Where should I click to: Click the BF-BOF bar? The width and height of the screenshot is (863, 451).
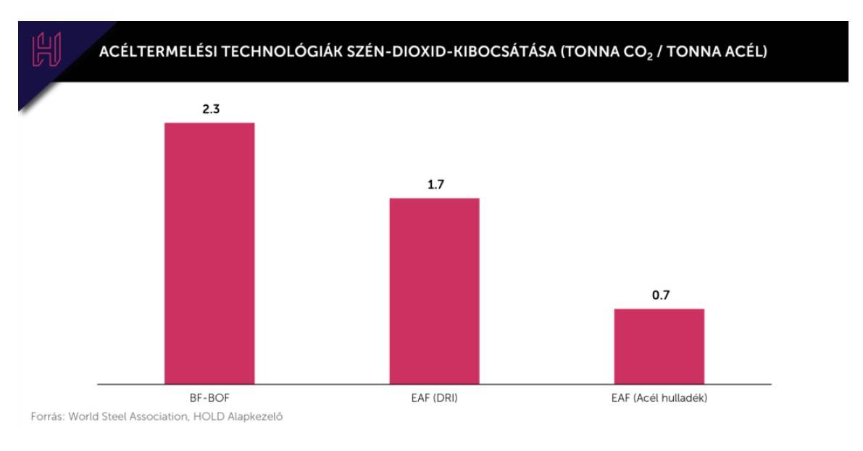pos(209,253)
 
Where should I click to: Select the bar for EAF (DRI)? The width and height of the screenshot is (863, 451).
pos(434,291)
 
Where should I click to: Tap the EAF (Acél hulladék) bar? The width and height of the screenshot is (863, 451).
pos(659,346)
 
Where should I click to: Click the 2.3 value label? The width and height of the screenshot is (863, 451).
pos(210,109)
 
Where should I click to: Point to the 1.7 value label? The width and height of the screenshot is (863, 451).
pos(435,185)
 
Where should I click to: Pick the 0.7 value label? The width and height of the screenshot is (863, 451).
pos(660,295)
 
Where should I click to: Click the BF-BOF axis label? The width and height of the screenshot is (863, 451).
pos(209,398)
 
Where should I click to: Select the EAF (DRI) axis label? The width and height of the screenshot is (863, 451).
pos(434,398)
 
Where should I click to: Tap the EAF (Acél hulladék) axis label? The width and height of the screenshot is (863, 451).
pos(659,398)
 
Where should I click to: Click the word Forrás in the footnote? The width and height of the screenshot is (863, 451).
pos(46,418)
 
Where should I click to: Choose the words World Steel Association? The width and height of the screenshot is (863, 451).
pos(130,418)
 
